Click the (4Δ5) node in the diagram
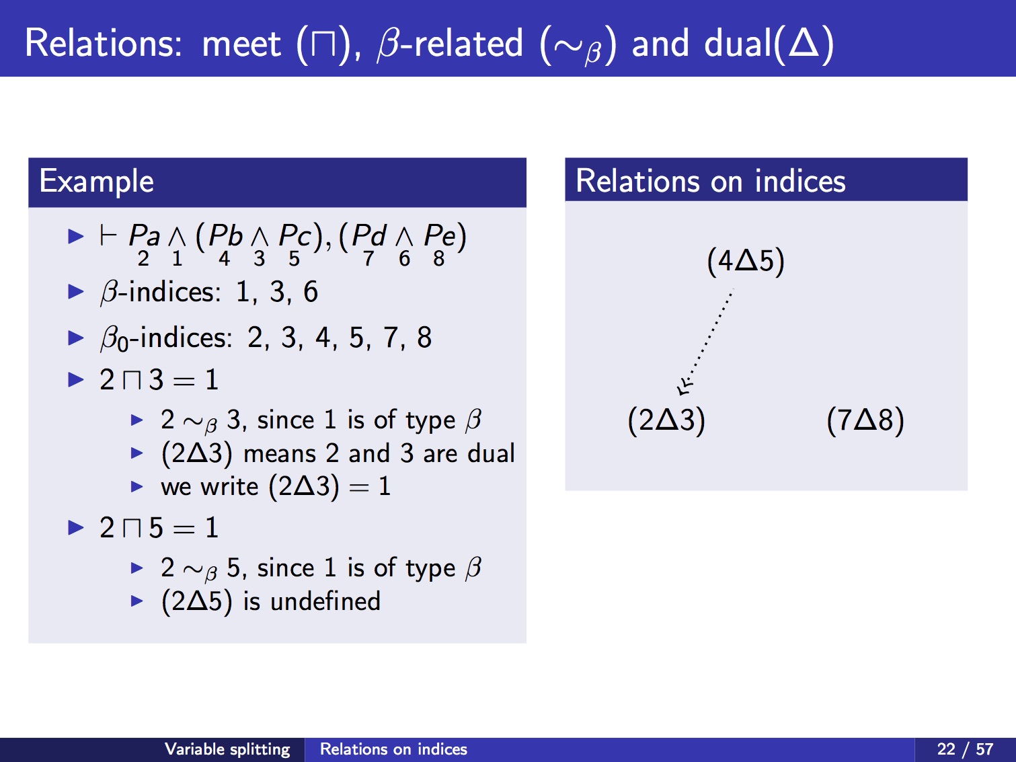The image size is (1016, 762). [746, 261]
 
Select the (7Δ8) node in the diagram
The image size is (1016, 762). [865, 420]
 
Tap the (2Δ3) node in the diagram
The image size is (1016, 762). [666, 420]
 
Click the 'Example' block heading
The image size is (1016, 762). [96, 181]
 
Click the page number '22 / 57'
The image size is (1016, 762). [965, 749]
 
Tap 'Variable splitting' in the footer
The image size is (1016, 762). [227, 749]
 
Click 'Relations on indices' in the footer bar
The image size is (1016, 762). [393, 749]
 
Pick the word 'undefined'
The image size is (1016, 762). [325, 601]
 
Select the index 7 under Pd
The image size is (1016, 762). [368, 258]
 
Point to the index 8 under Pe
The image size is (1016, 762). [439, 258]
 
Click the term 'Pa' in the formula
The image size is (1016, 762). [144, 235]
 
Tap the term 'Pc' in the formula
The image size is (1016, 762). [295, 235]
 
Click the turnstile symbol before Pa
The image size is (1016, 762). [108, 235]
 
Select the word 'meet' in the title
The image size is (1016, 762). [241, 44]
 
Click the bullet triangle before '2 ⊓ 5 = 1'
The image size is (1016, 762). [76, 528]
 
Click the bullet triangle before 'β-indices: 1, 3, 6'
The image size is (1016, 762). [76, 292]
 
